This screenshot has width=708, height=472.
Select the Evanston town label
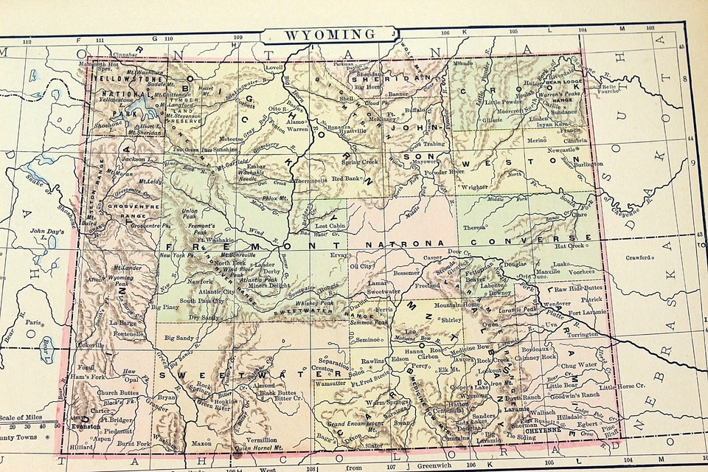click(x=86, y=426)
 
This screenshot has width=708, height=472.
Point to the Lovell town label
click(x=274, y=67)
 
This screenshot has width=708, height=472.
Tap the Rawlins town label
click(x=375, y=361)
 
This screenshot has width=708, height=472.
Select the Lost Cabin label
click(x=330, y=226)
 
